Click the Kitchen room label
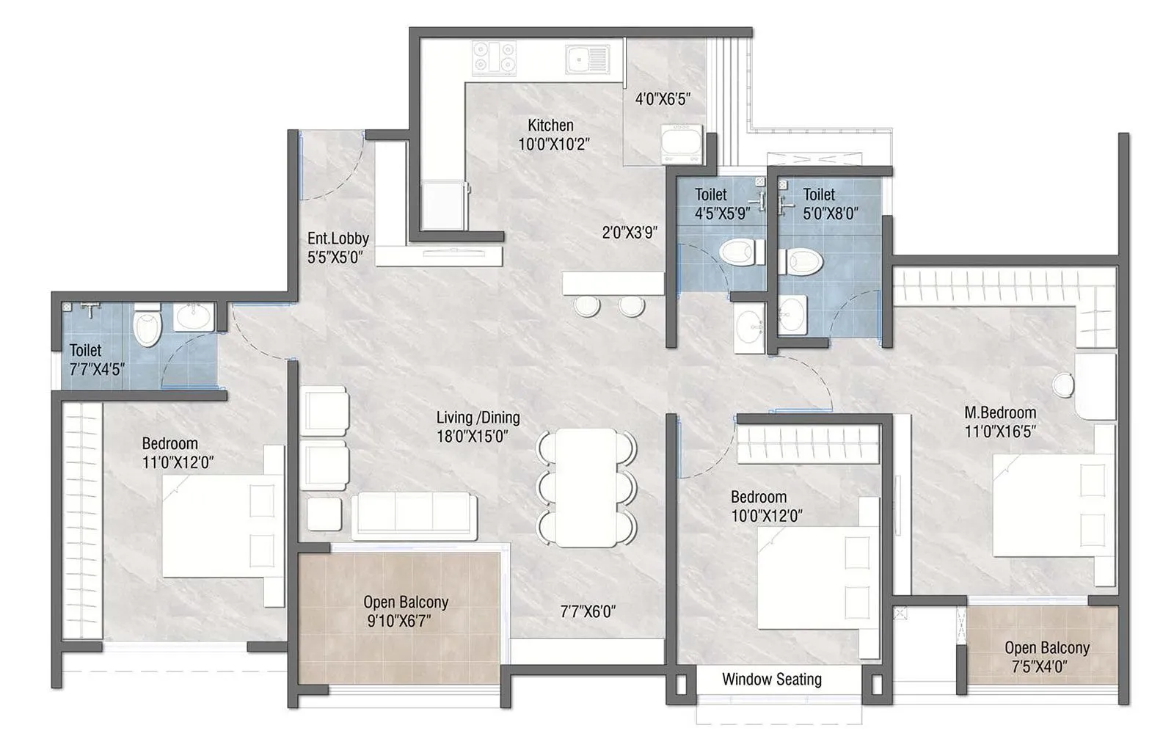[x=551, y=125]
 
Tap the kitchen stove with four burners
[x=494, y=58]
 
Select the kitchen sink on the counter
[x=587, y=58]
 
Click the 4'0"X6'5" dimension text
[x=663, y=98]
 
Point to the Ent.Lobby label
[x=338, y=239]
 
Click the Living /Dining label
[x=478, y=418]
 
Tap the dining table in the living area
[x=586, y=487]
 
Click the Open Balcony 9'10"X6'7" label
[x=406, y=603]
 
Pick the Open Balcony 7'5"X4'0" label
[x=1046, y=648]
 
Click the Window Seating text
[x=771, y=680]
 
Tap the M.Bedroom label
[x=999, y=412]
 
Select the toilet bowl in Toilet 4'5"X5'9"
[x=737, y=252]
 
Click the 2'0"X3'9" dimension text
[x=630, y=233]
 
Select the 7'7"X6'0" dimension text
[x=587, y=611]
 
